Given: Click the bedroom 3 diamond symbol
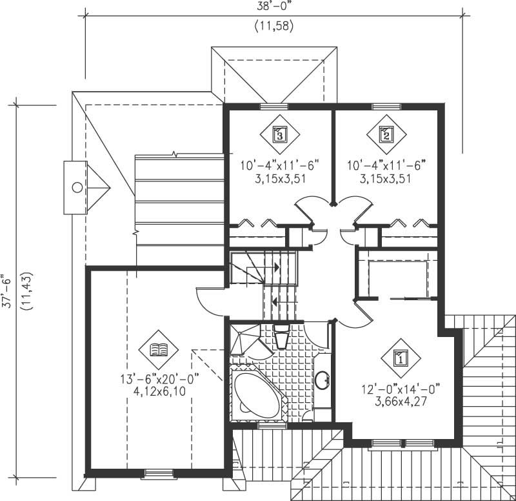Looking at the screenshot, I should click(x=279, y=134).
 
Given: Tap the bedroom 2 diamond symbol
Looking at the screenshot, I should click(x=386, y=134).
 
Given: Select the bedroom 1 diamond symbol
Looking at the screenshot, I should click(x=400, y=357).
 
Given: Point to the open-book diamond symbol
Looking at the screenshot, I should click(x=158, y=350).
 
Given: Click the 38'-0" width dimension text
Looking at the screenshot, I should click(x=273, y=6).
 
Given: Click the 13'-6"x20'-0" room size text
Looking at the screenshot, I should click(x=158, y=379).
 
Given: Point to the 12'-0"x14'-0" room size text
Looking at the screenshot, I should click(x=401, y=389).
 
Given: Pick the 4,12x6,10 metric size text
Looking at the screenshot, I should click(x=158, y=392).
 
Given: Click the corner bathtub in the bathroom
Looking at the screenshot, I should click(x=256, y=393).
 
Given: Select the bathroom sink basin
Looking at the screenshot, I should click(x=322, y=380).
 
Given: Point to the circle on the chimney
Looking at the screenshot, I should click(x=77, y=187).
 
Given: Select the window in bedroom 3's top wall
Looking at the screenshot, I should click(x=273, y=105).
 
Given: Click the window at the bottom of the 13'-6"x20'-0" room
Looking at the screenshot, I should click(x=158, y=474).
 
